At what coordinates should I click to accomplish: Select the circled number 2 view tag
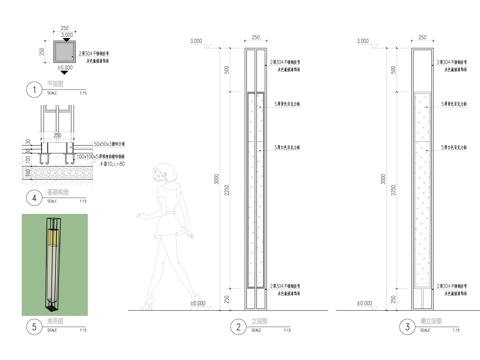(x=238, y=326)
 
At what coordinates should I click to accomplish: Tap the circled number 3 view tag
(x=406, y=326)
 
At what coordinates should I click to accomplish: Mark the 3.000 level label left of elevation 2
(x=196, y=41)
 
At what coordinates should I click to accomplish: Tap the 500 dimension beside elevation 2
(x=226, y=70)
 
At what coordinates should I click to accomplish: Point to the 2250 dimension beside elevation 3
(x=394, y=190)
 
